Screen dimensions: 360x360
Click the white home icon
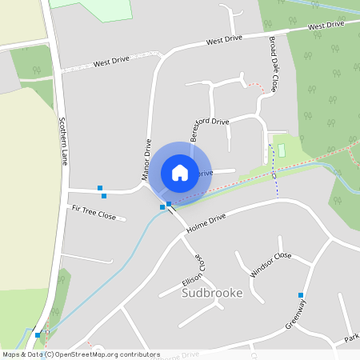click(x=180, y=172)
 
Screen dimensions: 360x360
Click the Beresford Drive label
click(x=210, y=125)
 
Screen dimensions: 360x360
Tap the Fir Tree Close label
click(x=94, y=212)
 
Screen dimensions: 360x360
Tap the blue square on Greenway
click(x=301, y=295)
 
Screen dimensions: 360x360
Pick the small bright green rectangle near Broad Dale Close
click(x=280, y=150)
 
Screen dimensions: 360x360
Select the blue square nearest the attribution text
click(x=38, y=334)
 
